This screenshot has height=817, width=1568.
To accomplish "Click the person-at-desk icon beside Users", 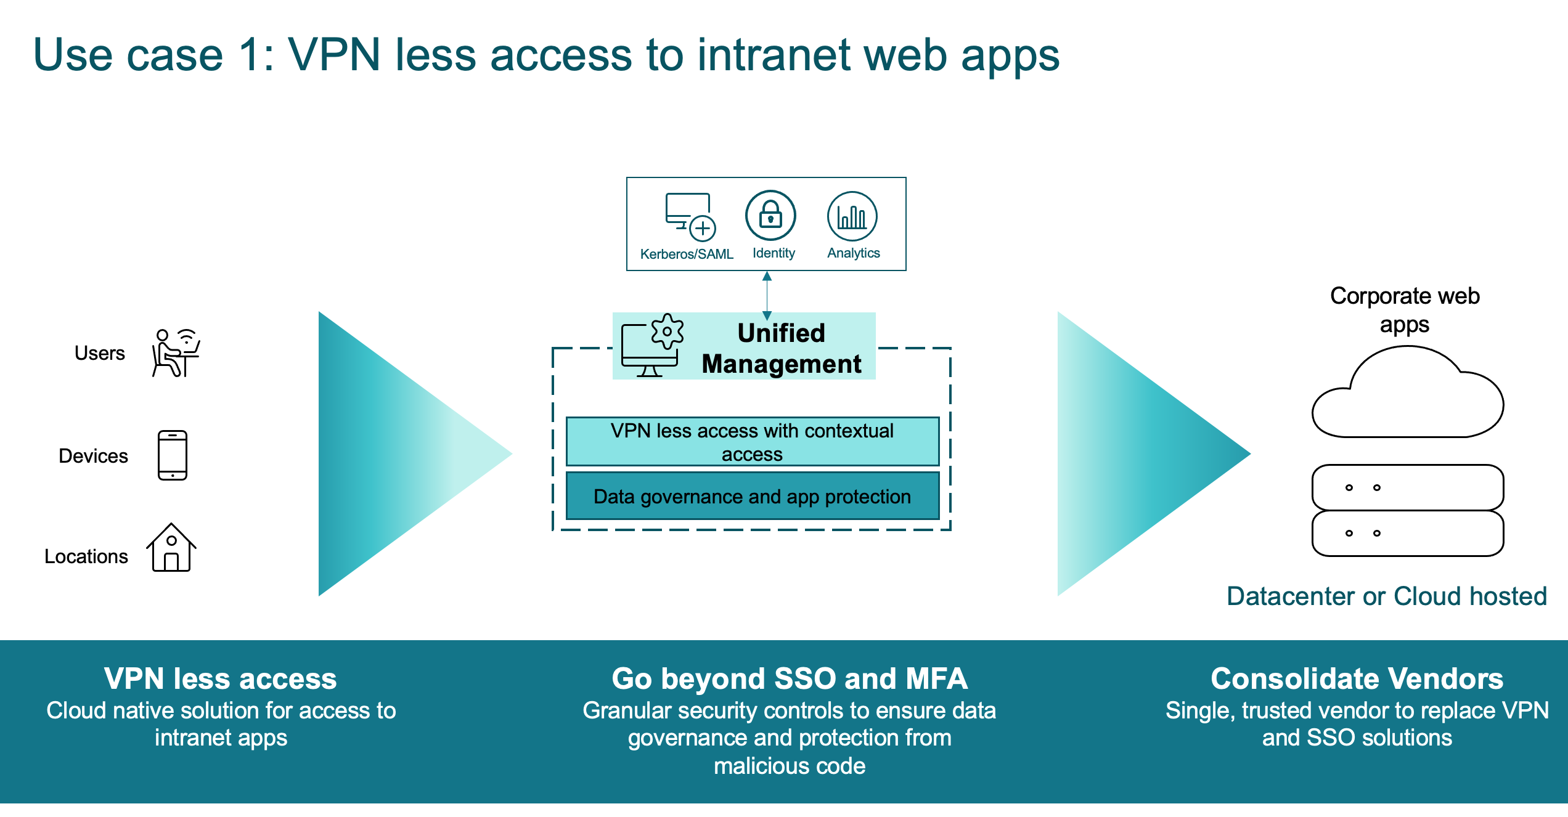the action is coord(176,352).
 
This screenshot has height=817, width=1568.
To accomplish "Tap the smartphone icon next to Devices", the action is coord(173,455).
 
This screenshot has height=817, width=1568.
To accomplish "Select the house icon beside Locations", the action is coord(171,547).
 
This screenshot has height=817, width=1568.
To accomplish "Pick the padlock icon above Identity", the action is coord(770,216).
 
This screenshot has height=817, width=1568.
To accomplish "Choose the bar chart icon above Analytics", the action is coord(852,216).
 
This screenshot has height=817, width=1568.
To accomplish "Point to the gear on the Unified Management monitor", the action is coord(668,331).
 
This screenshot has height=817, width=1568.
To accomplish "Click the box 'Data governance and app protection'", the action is coord(753,496).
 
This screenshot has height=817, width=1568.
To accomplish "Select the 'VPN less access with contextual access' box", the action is coord(753,442).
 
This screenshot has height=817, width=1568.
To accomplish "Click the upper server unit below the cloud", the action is coord(1408,487).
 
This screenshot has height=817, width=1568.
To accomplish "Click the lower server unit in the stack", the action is coord(1408,533).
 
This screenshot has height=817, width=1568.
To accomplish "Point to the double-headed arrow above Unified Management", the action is coord(767,296).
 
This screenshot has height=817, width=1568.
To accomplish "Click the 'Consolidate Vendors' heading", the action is coord(1357,678).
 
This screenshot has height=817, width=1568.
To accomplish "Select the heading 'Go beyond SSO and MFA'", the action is coord(790,678).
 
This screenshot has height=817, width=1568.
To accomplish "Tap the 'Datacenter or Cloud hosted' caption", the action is coord(1387,596).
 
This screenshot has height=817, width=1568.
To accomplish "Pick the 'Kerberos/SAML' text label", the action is coord(687,254).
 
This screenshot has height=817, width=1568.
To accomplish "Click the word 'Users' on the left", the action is coord(99,353).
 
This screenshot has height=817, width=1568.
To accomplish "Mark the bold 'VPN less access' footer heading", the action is coord(221,678).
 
